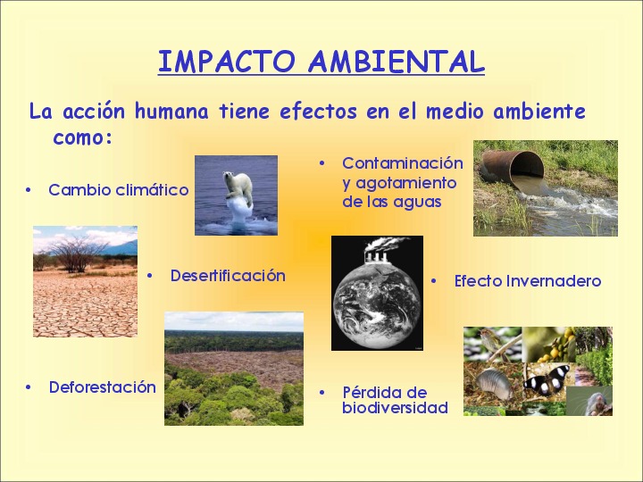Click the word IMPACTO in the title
pyautogui.click(x=226, y=62)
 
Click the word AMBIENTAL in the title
pyautogui.click(x=397, y=62)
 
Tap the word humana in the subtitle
pyautogui.click(x=171, y=111)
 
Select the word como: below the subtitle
pyautogui.click(x=82, y=137)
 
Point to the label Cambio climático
pyautogui.click(x=119, y=190)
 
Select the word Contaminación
pyautogui.click(x=403, y=163)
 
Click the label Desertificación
pyautogui.click(x=228, y=276)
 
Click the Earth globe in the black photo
pyautogui.click(x=377, y=305)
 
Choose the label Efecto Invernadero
pyautogui.click(x=528, y=281)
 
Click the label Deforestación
pyautogui.click(x=103, y=387)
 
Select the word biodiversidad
pyautogui.click(x=395, y=408)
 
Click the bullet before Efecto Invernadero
pyautogui.click(x=434, y=281)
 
